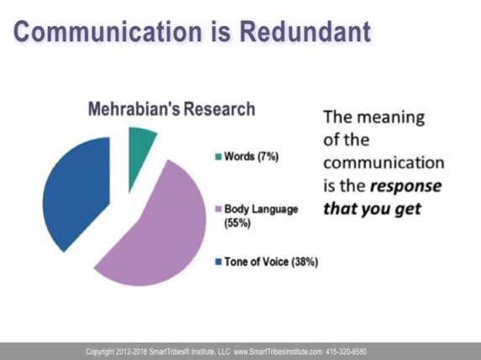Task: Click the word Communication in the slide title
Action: pyautogui.click(x=107, y=31)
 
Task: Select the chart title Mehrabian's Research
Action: pyautogui.click(x=172, y=109)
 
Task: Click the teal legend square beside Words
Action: pyautogui.click(x=218, y=157)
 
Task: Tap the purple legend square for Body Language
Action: pyautogui.click(x=218, y=209)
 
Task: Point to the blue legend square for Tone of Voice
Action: pyautogui.click(x=218, y=262)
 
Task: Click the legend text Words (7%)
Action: pyautogui.click(x=252, y=157)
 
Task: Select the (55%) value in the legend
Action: pyautogui.click(x=238, y=223)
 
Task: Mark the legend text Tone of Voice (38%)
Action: pyautogui.click(x=271, y=262)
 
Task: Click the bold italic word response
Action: pyautogui.click(x=405, y=186)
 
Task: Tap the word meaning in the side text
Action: pyautogui.click(x=391, y=118)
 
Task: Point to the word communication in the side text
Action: pyautogui.click(x=384, y=163)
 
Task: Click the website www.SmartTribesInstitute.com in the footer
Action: pyautogui.click(x=278, y=352)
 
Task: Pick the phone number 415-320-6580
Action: pyautogui.click(x=346, y=352)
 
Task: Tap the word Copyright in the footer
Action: pyautogui.click(x=99, y=352)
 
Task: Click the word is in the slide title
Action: pyautogui.click(x=220, y=31)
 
